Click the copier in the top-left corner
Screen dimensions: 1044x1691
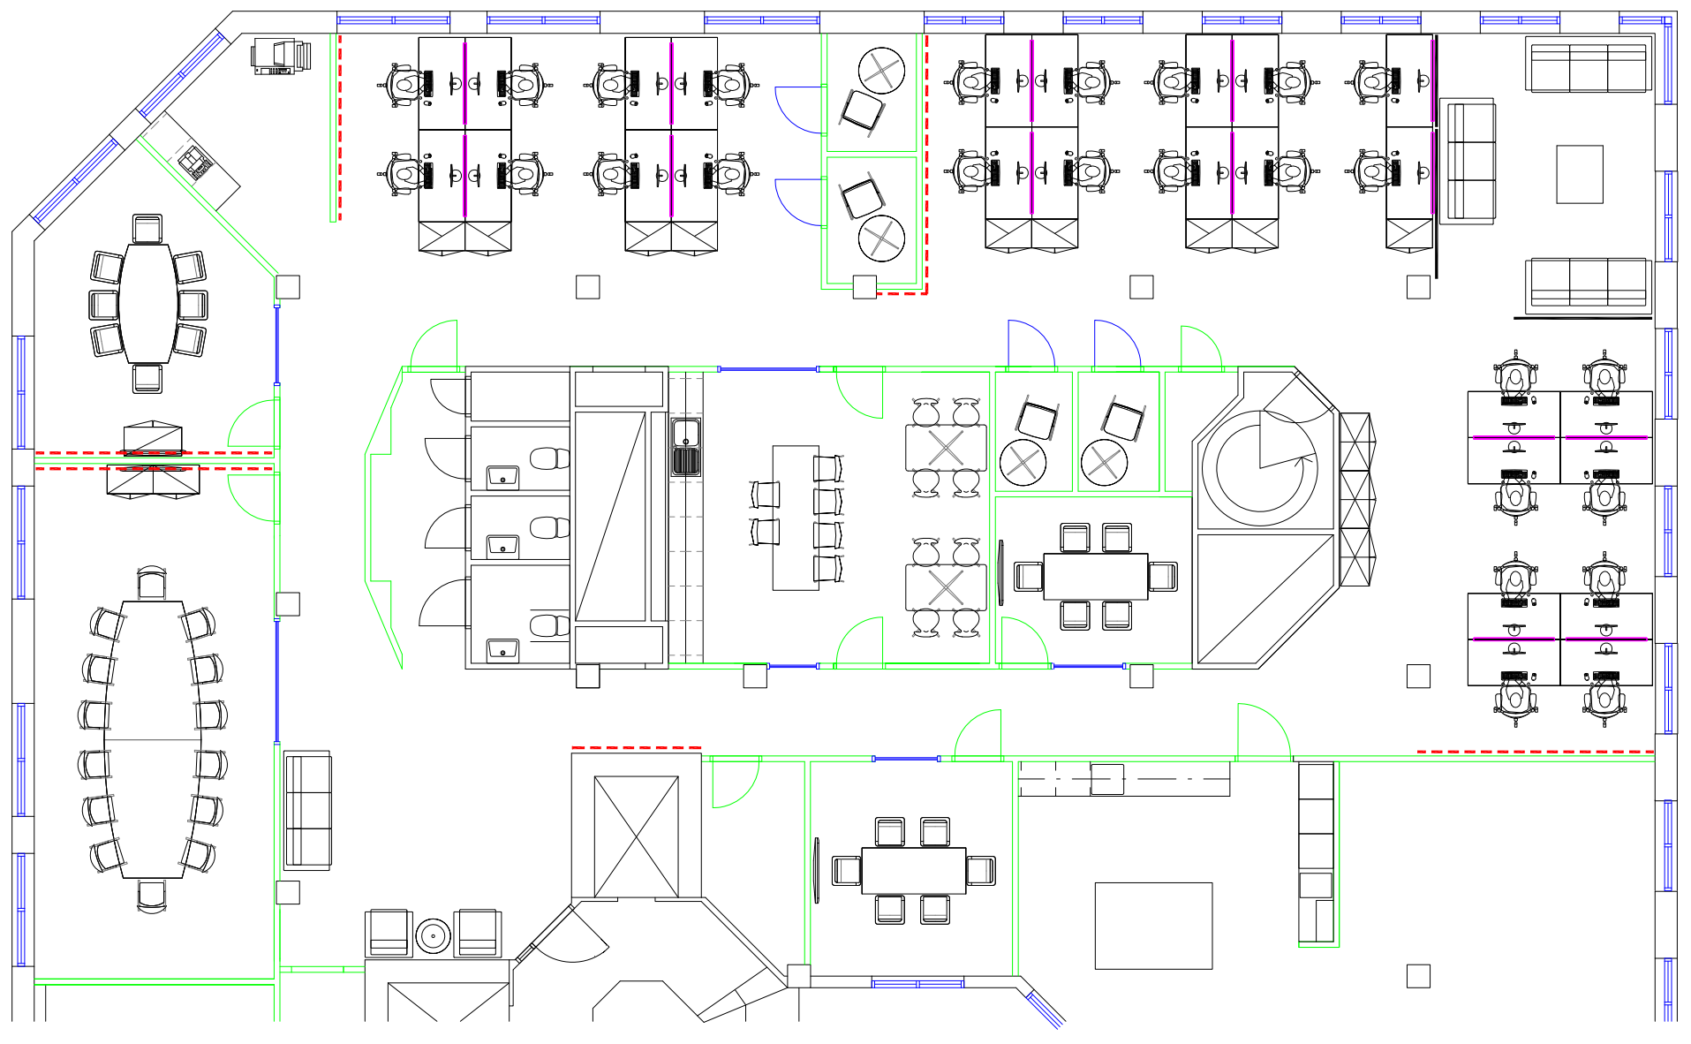click(x=281, y=56)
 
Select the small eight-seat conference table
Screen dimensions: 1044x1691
click(x=148, y=303)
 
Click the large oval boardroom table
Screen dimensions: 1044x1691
click(x=151, y=739)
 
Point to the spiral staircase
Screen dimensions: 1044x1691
click(x=1260, y=468)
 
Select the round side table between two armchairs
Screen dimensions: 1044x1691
click(x=433, y=935)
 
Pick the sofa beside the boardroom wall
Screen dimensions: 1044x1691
click(x=307, y=811)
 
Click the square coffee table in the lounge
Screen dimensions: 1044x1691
click(x=1579, y=174)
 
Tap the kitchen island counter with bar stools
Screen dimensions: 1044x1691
click(x=795, y=518)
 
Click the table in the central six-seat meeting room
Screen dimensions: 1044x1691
click(x=1095, y=576)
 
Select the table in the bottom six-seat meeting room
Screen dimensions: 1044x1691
click(x=913, y=870)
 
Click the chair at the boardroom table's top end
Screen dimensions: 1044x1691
click(x=152, y=584)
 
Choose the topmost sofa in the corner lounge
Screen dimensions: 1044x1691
click(x=1588, y=64)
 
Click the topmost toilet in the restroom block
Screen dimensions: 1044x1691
click(x=549, y=458)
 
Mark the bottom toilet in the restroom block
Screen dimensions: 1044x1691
click(x=549, y=625)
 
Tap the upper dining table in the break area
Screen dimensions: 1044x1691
click(x=945, y=448)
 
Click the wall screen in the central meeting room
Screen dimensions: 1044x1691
click(x=1000, y=572)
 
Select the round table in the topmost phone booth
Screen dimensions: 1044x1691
click(x=881, y=71)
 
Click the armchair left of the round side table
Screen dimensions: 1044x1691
click(x=389, y=933)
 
